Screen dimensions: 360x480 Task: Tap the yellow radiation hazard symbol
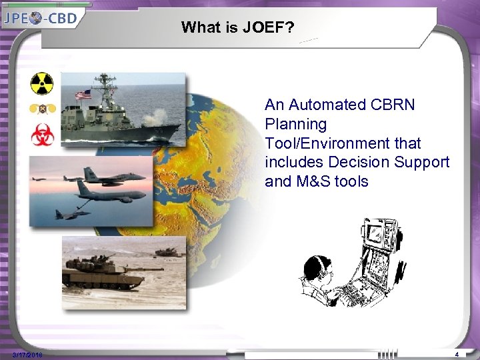(x=41, y=84)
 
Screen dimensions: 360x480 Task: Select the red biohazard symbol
(x=41, y=135)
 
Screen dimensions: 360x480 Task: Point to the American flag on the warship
(x=83, y=95)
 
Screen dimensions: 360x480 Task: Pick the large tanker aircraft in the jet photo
(x=110, y=193)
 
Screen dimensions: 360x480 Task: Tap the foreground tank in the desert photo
(x=100, y=273)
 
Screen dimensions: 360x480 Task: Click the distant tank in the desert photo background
(x=168, y=252)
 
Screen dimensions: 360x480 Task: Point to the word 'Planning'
(x=295, y=124)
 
